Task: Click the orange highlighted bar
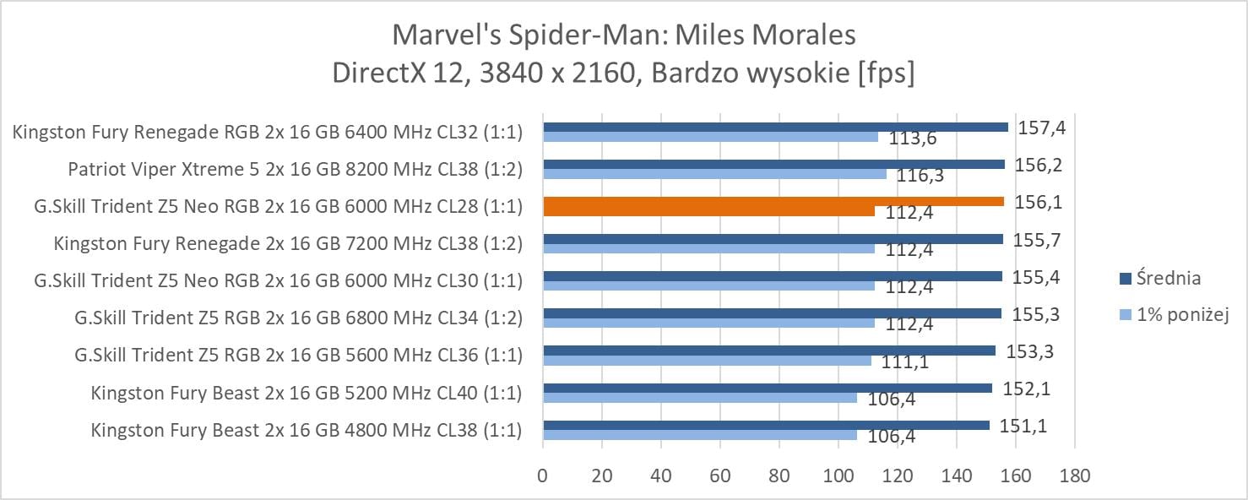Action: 773,201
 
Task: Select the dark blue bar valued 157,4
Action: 775,127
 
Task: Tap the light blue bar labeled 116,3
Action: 714,174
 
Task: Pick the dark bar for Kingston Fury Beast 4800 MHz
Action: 766,425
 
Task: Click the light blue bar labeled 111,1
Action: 707,361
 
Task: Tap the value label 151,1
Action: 1023,427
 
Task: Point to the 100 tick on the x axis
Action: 838,476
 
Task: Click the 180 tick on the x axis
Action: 1074,476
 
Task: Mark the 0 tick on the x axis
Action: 542,476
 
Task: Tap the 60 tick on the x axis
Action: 719,476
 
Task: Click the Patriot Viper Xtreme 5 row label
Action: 295,169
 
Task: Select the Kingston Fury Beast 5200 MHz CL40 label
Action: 307,393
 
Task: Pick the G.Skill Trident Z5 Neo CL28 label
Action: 278,206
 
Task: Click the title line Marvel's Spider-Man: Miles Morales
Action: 624,35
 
